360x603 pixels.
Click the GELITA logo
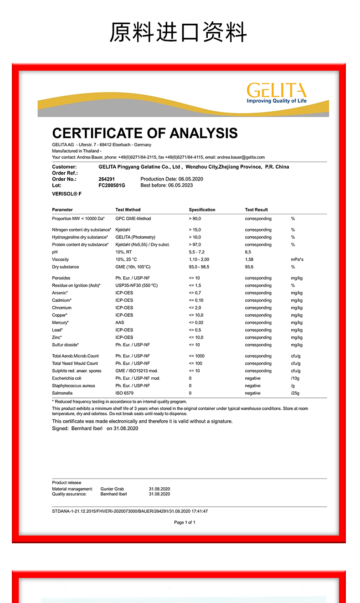277,93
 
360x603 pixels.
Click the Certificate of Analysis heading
144,133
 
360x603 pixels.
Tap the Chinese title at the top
178,33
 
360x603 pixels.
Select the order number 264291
107,179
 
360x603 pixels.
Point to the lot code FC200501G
112,186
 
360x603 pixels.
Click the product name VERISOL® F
67,194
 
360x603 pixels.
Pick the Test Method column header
128,210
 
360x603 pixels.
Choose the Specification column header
202,210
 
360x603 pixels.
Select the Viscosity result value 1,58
250,259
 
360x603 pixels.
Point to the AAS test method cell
120,323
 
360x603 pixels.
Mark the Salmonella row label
62,393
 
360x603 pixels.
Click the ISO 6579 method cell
124,393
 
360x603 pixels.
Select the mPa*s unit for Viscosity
297,259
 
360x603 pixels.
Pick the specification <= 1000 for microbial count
197,356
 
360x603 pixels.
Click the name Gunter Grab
112,489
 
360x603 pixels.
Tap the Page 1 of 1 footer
185,522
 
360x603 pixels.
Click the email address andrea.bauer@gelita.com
241,157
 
